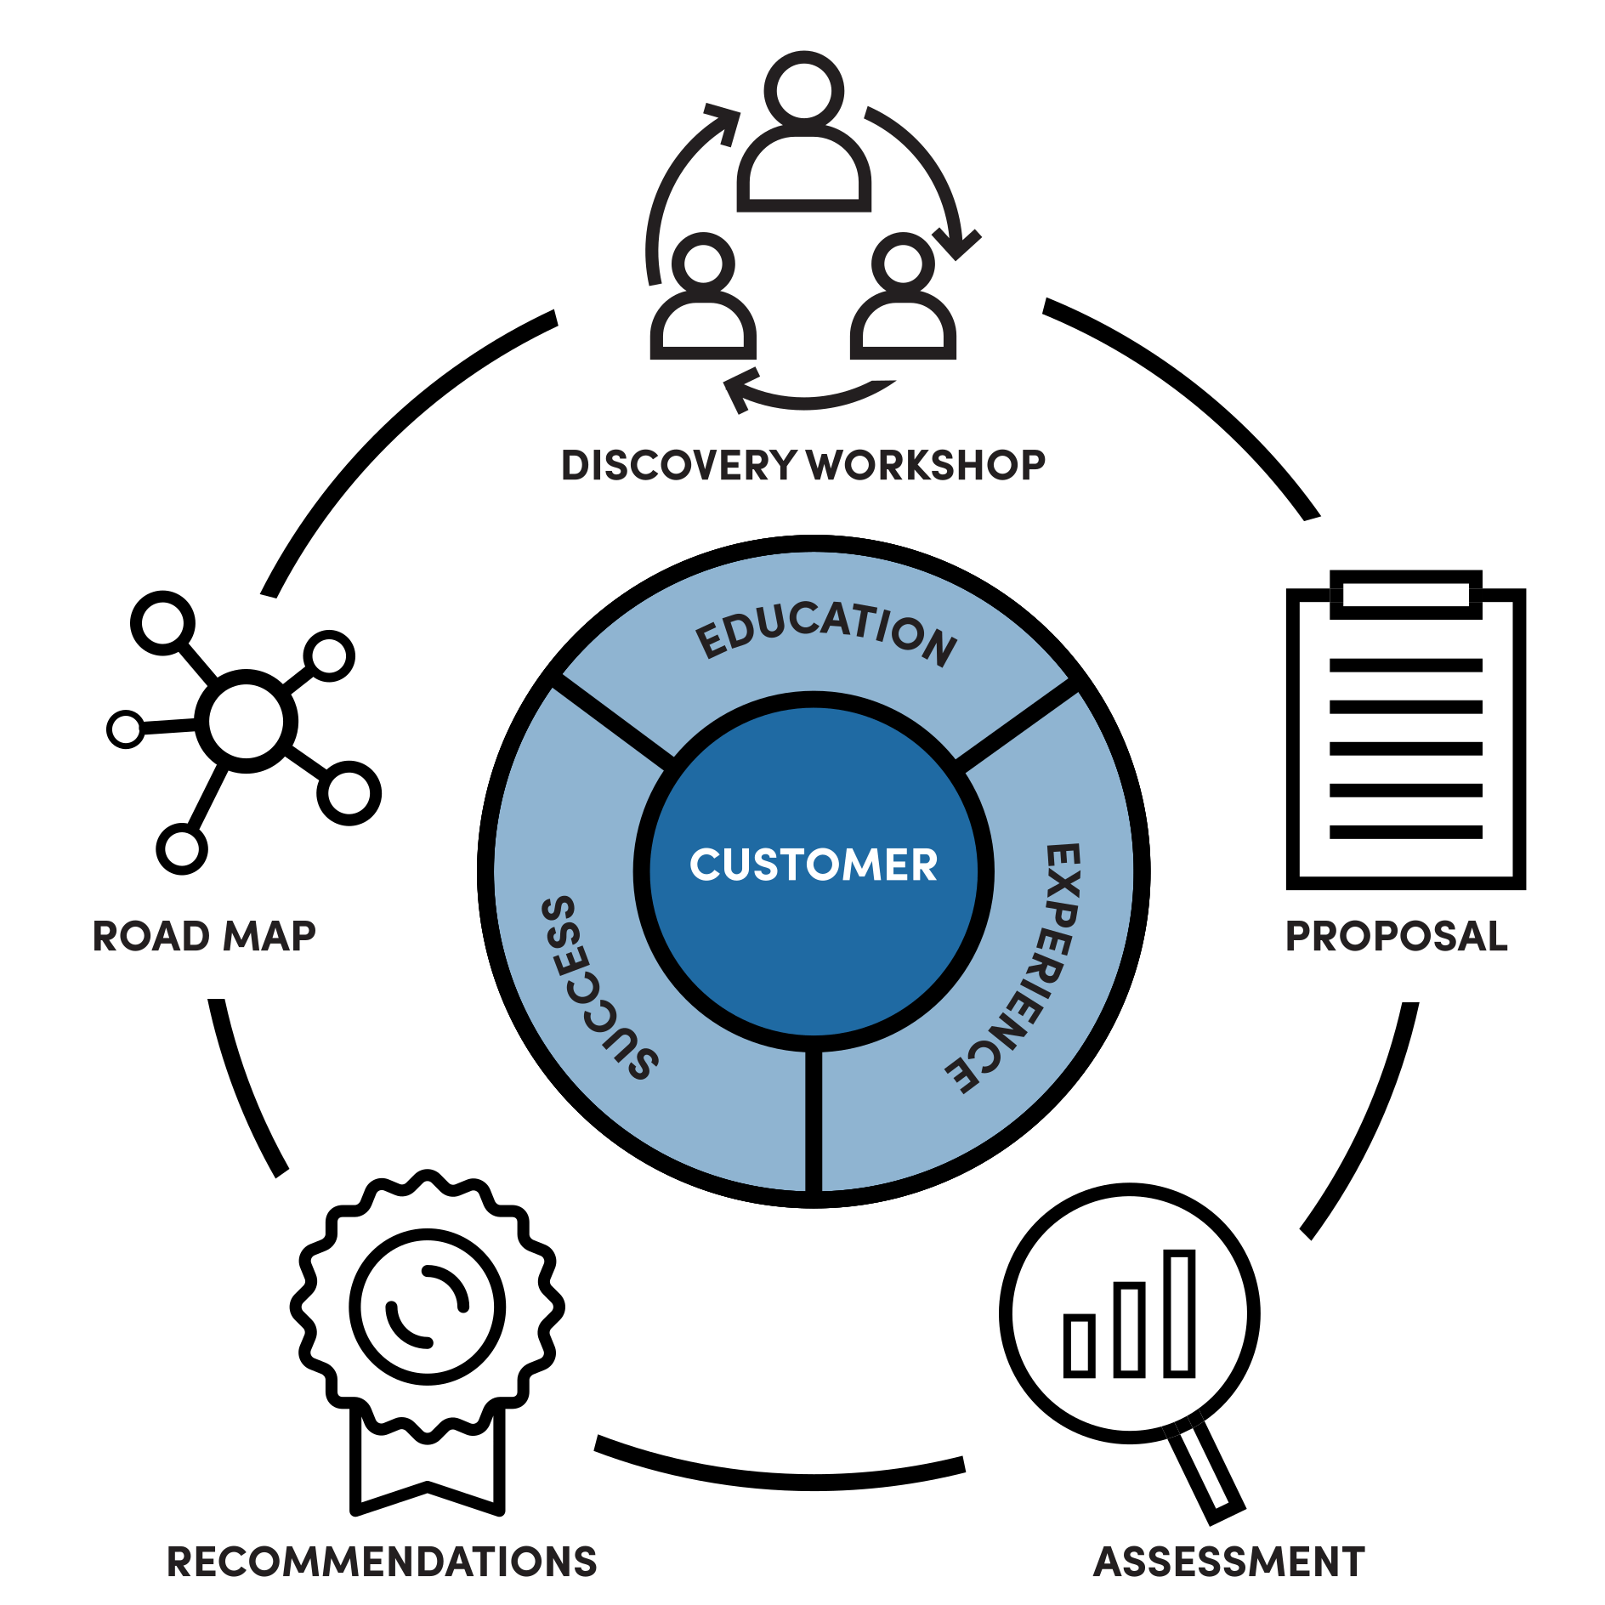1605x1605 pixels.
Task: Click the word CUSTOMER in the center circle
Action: [813, 865]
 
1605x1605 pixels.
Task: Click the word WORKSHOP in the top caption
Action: [927, 467]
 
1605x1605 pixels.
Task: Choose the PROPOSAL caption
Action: [1396, 937]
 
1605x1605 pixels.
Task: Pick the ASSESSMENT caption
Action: [1228, 1562]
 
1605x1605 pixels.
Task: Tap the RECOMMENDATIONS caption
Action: [382, 1562]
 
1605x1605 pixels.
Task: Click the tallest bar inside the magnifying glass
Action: [1179, 1313]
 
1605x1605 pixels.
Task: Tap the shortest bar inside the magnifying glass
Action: [1079, 1345]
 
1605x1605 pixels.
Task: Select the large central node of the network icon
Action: [247, 721]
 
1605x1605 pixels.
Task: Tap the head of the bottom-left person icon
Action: [702, 264]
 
